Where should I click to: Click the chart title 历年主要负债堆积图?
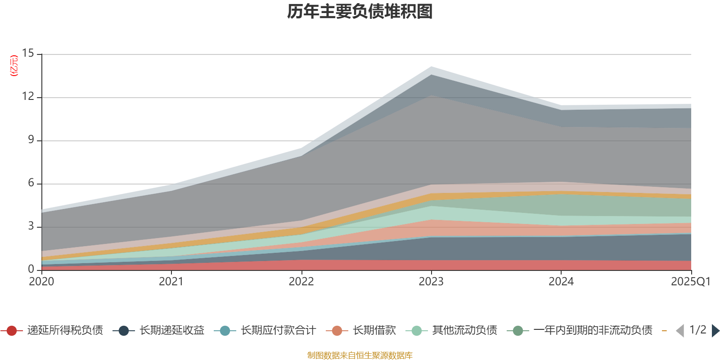click(360, 12)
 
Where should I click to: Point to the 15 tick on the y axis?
click(28, 54)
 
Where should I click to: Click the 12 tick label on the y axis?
click(28, 97)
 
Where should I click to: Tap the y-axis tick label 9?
click(31, 140)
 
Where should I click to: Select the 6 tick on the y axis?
click(31, 183)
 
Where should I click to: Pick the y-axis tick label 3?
click(31, 226)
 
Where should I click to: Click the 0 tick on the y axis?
click(31, 270)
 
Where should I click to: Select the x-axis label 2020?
click(41, 282)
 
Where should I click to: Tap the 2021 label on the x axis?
click(171, 282)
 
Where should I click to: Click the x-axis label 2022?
click(301, 282)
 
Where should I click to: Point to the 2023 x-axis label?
click(431, 282)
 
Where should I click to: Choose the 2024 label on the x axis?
click(561, 282)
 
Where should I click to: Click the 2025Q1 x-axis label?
click(690, 282)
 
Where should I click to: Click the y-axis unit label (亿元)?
click(14, 66)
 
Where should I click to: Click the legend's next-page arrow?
click(715, 331)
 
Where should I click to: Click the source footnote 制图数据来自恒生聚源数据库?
click(360, 355)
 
